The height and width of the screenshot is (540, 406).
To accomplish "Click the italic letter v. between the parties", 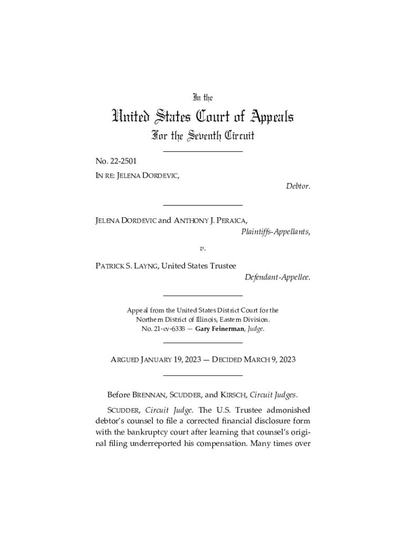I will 202,247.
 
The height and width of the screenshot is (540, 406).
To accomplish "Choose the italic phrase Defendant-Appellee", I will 277,277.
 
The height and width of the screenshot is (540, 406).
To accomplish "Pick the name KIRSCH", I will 233,394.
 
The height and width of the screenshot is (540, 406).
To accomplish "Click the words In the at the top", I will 202,98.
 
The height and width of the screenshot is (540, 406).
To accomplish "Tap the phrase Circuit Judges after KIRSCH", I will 274,394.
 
